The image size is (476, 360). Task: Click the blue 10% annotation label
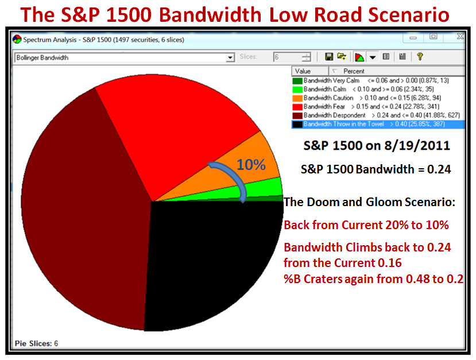click(251, 165)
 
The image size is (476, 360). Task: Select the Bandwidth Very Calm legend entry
click(370, 80)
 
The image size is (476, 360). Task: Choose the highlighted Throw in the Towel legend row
click(378, 124)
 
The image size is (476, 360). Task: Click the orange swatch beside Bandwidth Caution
click(297, 98)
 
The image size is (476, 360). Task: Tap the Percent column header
click(354, 71)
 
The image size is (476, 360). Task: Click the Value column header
click(310, 71)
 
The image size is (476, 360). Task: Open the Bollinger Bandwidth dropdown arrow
click(230, 57)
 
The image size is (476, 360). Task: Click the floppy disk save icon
click(329, 57)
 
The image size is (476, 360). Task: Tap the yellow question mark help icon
click(420, 56)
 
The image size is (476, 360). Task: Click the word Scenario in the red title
click(409, 14)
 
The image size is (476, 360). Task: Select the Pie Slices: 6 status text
click(36, 343)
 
